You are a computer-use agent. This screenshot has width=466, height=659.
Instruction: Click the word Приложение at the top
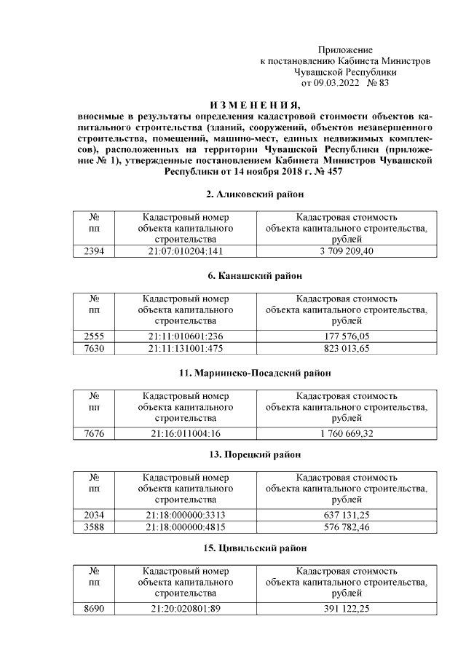click(x=345, y=49)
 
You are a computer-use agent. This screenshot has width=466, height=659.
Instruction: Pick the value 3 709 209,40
click(x=347, y=251)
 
